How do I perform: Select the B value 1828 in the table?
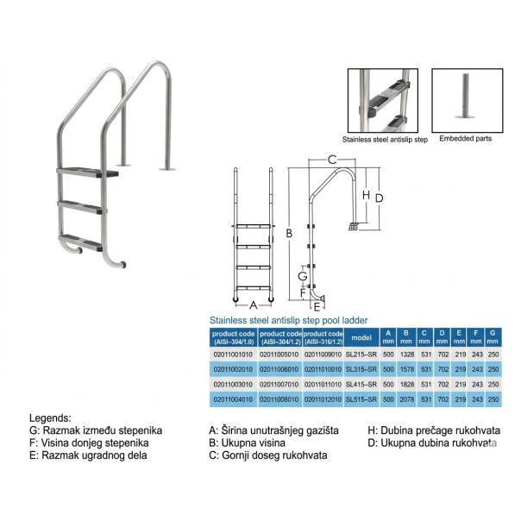[x=405, y=384]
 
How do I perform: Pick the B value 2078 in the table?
[x=405, y=399]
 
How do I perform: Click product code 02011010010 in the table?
[x=324, y=368]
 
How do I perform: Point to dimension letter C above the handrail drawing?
[x=331, y=159]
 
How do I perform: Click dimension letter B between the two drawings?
[x=290, y=234]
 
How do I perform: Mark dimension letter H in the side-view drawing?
[x=366, y=196]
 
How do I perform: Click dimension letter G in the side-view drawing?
[x=302, y=274]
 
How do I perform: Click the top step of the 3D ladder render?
[x=87, y=173]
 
